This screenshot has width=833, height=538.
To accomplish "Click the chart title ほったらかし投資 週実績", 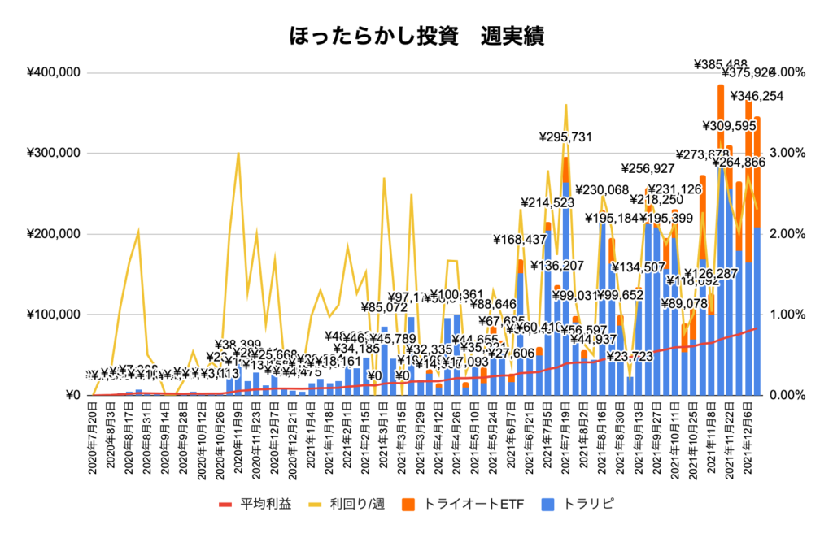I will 416,37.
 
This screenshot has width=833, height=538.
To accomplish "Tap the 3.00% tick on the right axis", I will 785,153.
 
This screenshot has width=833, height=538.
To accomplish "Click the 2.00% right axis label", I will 785,234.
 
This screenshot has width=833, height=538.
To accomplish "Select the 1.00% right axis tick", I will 785,315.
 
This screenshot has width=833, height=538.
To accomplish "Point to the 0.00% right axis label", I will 785,396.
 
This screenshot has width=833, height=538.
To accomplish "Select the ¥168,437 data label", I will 521,240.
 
